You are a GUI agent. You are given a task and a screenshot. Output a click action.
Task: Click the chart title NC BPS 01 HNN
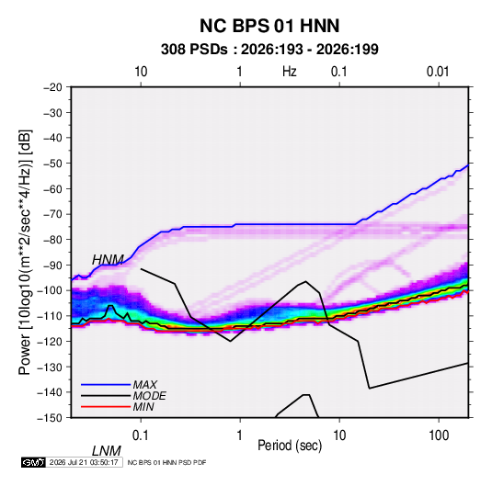point(269,26)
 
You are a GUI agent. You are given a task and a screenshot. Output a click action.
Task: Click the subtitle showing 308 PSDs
point(269,50)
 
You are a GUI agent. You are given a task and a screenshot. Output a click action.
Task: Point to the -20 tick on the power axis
point(52,87)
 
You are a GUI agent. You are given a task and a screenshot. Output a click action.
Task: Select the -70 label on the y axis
point(52,214)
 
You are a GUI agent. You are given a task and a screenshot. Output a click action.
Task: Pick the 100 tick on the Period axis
point(439,435)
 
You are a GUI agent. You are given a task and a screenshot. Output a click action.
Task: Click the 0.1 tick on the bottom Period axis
point(141,435)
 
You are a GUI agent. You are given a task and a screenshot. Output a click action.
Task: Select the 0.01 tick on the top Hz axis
point(438,72)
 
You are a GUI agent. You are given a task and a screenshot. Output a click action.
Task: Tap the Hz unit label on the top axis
point(290,72)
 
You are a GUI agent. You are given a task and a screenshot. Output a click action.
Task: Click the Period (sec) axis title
point(290,446)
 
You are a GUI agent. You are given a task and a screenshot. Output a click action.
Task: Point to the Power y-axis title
point(25,253)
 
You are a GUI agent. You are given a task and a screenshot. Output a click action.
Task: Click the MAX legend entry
point(144,385)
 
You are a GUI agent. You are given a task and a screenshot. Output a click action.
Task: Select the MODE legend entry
point(149,396)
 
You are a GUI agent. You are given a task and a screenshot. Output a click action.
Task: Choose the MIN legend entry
point(143,407)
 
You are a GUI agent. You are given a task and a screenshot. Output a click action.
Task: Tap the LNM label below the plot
point(107,451)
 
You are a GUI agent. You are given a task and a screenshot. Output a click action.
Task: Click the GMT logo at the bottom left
point(33,462)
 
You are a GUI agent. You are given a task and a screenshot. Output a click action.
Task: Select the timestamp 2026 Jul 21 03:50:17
point(84,462)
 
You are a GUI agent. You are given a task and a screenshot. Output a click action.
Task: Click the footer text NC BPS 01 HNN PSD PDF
point(167,462)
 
